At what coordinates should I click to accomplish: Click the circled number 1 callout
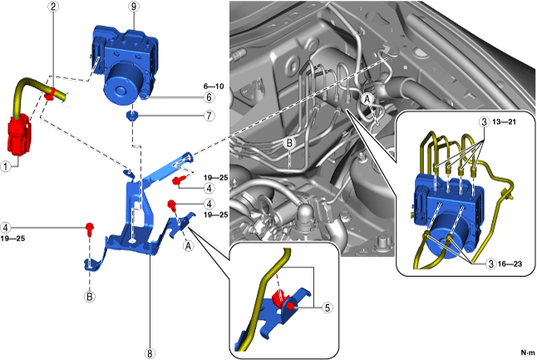[7, 165]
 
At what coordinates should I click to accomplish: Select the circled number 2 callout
[52, 7]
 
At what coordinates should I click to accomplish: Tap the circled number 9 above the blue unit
[131, 7]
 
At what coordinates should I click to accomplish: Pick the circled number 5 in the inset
[328, 307]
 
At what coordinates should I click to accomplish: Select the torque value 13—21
[508, 121]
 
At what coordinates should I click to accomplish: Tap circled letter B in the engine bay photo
[288, 143]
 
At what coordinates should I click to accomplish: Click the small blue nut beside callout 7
[131, 115]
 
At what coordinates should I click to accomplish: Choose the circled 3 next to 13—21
[484, 121]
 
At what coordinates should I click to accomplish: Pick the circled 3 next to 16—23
[491, 264]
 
